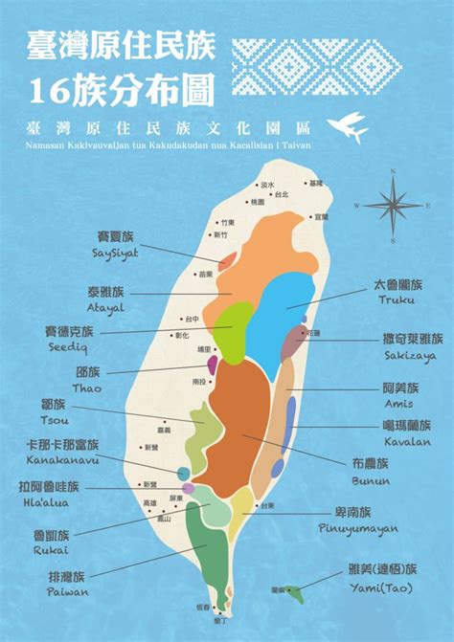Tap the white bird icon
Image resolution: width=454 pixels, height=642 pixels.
pos(348,127)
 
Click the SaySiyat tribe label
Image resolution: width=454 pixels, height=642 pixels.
pos(116,244)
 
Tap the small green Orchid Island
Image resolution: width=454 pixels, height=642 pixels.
pos(294,593)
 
